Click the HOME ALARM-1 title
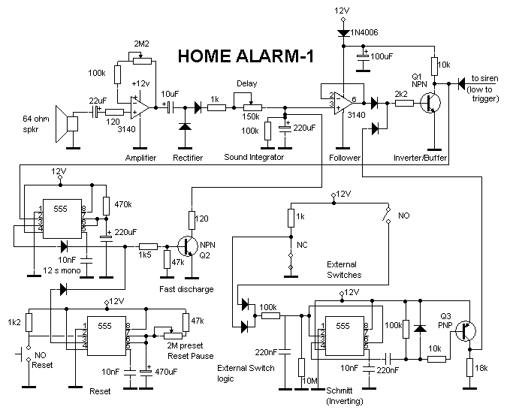pos(246,56)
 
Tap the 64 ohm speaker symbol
pos(67,124)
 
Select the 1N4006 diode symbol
pos(343,32)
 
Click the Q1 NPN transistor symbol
pos(430,103)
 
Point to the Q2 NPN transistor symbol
pos(188,246)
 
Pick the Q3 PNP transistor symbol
pos(466,331)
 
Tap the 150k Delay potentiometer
pos(252,107)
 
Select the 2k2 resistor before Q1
pos(404,103)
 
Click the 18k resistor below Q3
pos(470,367)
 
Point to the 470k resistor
pos(106,206)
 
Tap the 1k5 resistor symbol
pos(149,246)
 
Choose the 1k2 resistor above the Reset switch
pos(29,322)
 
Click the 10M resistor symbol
pos(301,367)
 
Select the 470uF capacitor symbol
pos(146,371)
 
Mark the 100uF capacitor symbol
pos(363,56)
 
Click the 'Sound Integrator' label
pos(254,157)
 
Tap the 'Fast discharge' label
pos(186,289)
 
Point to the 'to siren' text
pos(484,78)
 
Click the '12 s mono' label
pos(62,270)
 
